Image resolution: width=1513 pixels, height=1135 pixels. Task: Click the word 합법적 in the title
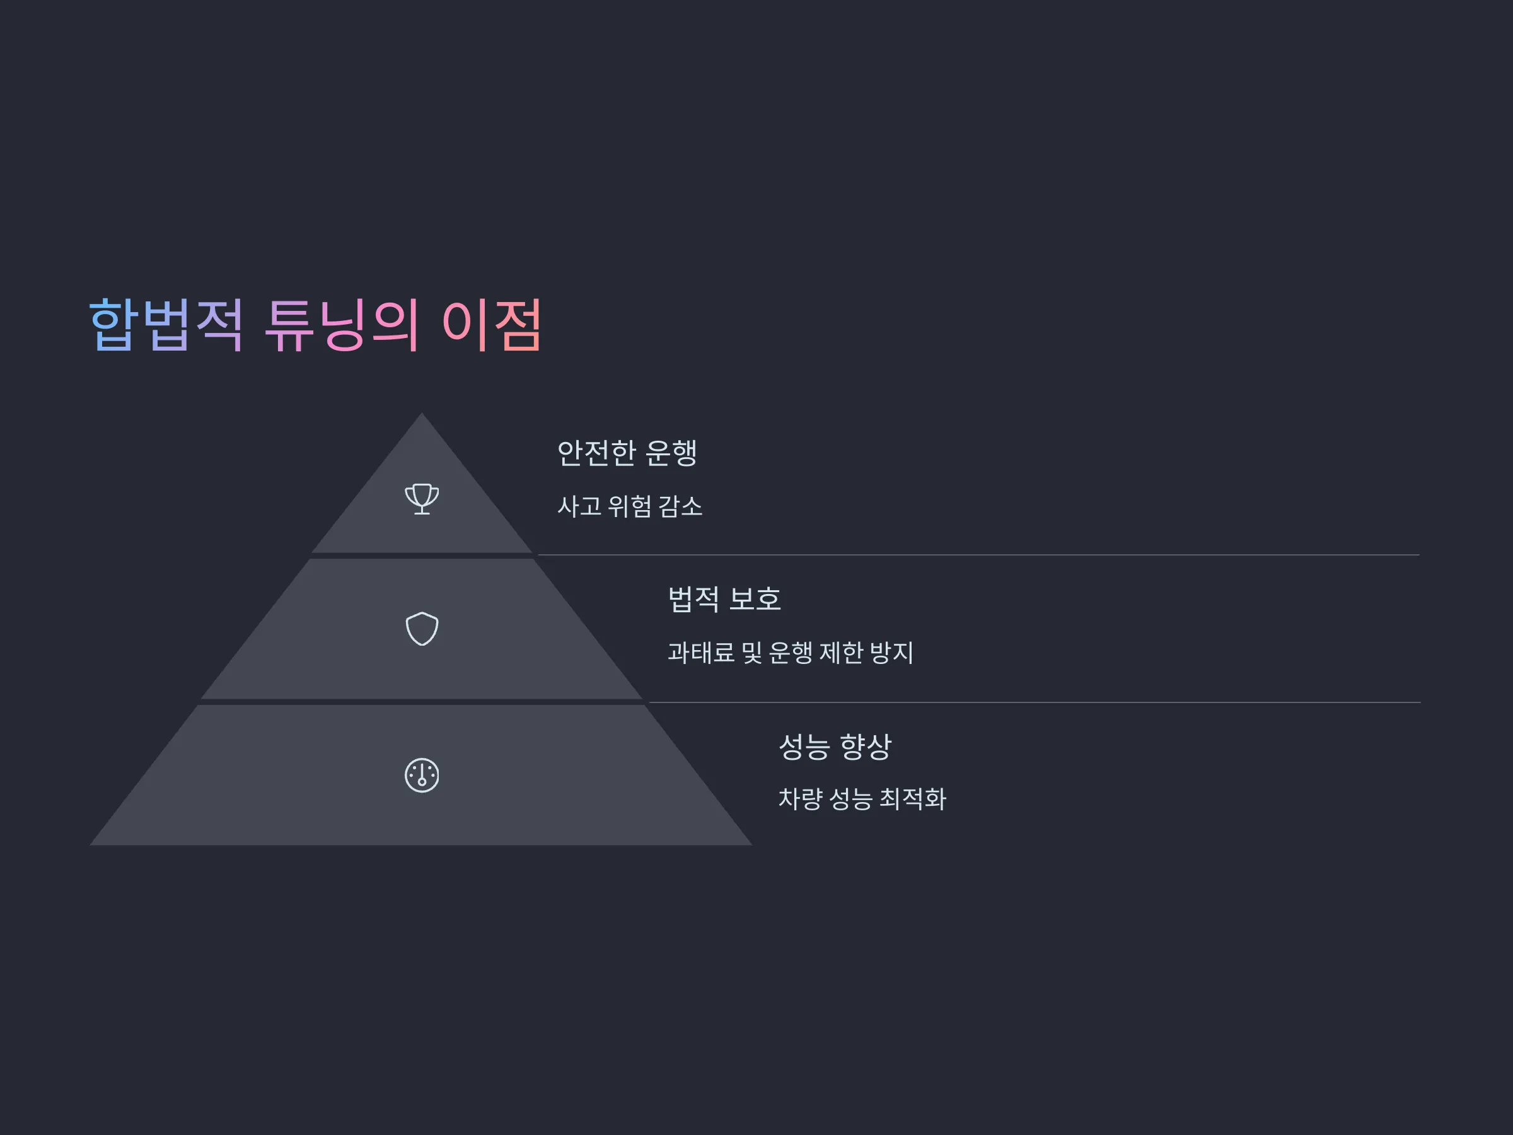pyautogui.click(x=166, y=325)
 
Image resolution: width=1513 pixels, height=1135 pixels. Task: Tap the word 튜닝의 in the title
pyautogui.click(x=341, y=325)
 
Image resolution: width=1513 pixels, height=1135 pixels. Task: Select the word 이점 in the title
pyautogui.click(x=492, y=325)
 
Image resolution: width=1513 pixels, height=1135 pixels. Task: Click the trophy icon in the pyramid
pyautogui.click(x=422, y=499)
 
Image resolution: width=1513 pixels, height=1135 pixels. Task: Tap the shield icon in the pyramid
pyautogui.click(x=422, y=629)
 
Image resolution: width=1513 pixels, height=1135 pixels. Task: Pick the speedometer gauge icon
pyautogui.click(x=422, y=775)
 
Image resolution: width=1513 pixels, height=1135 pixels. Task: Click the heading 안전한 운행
pyautogui.click(x=627, y=453)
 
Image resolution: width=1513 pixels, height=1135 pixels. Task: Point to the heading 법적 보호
pyautogui.click(x=724, y=599)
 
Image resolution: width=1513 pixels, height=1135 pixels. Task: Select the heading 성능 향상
pyautogui.click(x=835, y=747)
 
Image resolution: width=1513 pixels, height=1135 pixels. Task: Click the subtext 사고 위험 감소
pyautogui.click(x=630, y=506)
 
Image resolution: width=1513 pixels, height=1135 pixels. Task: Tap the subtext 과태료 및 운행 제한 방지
pyautogui.click(x=791, y=653)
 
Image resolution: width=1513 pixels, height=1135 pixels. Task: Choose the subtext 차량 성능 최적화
pyautogui.click(x=862, y=799)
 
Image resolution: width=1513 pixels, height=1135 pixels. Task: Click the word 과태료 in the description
pyautogui.click(x=701, y=653)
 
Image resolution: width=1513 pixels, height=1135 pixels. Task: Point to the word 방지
pyautogui.click(x=891, y=653)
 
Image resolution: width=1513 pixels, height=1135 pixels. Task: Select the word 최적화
pyautogui.click(x=912, y=799)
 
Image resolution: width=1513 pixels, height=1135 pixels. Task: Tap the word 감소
pyautogui.click(x=681, y=506)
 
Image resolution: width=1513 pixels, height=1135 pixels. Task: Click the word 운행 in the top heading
pyautogui.click(x=671, y=453)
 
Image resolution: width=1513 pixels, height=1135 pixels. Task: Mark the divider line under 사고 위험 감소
pyautogui.click(x=979, y=555)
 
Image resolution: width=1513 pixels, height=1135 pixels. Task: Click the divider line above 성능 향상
pyautogui.click(x=1035, y=702)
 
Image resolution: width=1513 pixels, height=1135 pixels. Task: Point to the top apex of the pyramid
pyautogui.click(x=421, y=412)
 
